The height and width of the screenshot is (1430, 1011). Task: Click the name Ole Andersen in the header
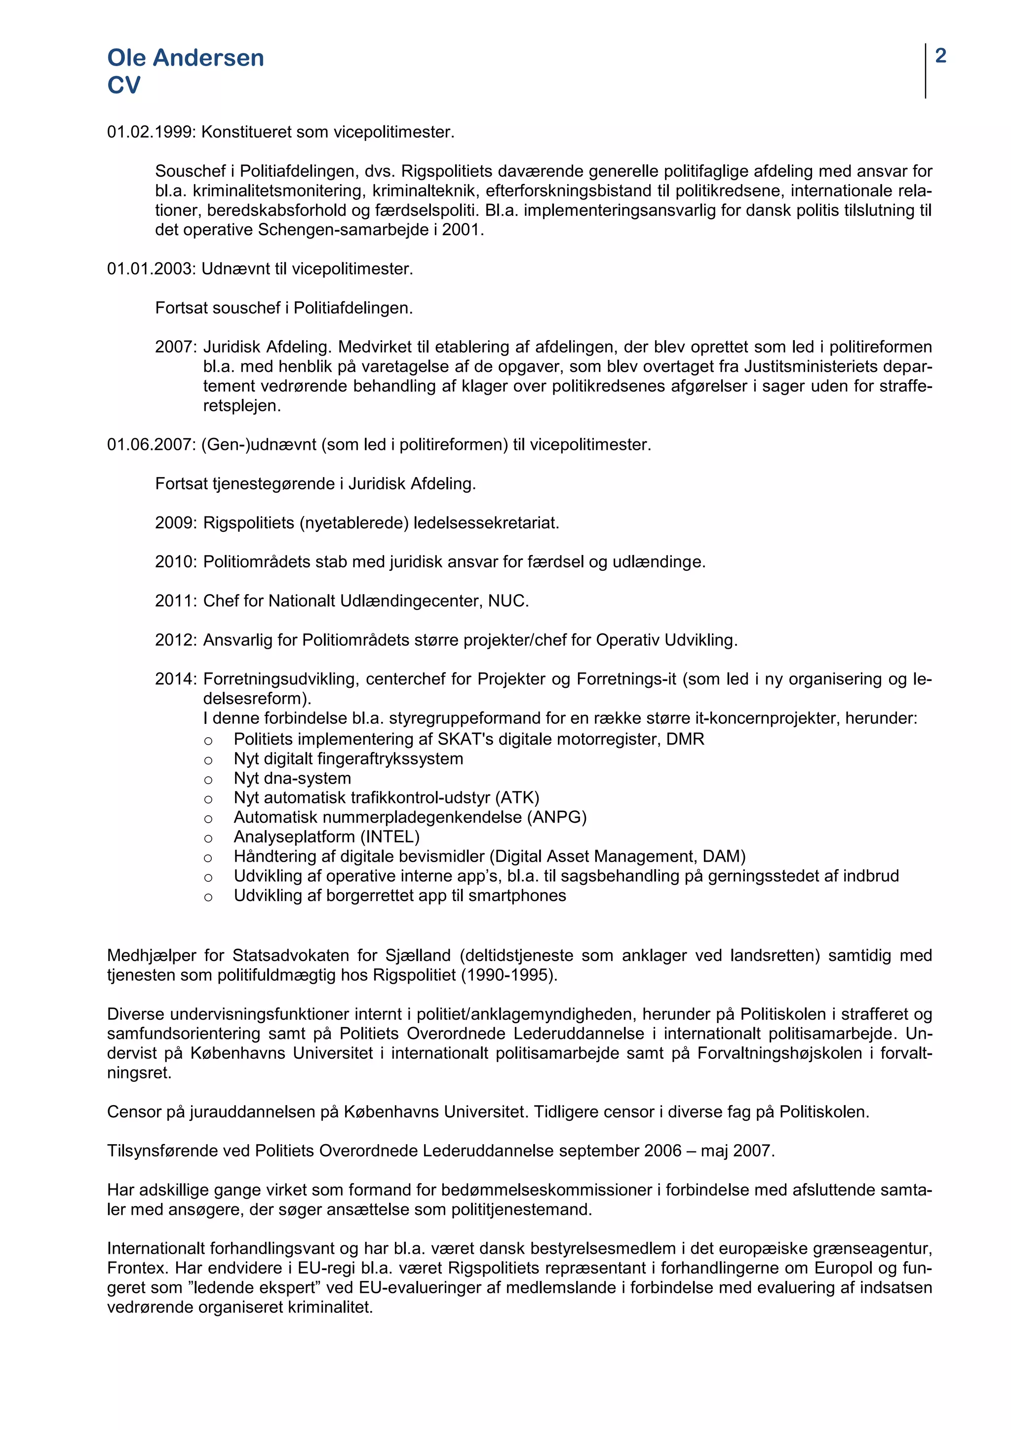(x=186, y=58)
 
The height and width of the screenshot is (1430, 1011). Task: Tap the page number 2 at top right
(x=940, y=56)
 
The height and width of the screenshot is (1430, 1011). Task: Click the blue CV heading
(x=124, y=85)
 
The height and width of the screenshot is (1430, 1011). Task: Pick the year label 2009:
(x=176, y=522)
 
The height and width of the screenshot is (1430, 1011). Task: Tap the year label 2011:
(x=176, y=601)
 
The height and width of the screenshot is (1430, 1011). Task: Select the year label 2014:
(x=176, y=679)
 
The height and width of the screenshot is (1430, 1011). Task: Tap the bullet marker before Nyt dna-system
(x=208, y=780)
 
